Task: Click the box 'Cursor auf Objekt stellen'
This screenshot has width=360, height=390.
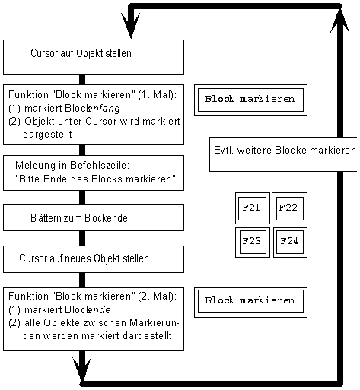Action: pyautogui.click(x=94, y=55)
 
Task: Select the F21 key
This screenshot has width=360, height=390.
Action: pyautogui.click(x=250, y=208)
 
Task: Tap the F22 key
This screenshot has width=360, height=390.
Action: pyautogui.click(x=289, y=208)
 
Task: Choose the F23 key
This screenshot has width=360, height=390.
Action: pyautogui.click(x=250, y=242)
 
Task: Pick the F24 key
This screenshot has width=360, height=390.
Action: pyautogui.click(x=289, y=242)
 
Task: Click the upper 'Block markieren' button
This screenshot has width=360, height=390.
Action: pyautogui.click(x=250, y=100)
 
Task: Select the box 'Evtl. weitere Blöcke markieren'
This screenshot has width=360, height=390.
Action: pyautogui.click(x=283, y=151)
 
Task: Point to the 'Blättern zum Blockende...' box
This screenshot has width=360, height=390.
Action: pyautogui.click(x=94, y=218)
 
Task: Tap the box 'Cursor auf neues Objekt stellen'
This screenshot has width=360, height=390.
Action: pyautogui.click(x=94, y=258)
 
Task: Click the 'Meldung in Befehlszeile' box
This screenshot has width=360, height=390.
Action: pyautogui.click(x=94, y=173)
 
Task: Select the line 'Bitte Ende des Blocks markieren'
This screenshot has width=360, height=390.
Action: pyautogui.click(x=96, y=179)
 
